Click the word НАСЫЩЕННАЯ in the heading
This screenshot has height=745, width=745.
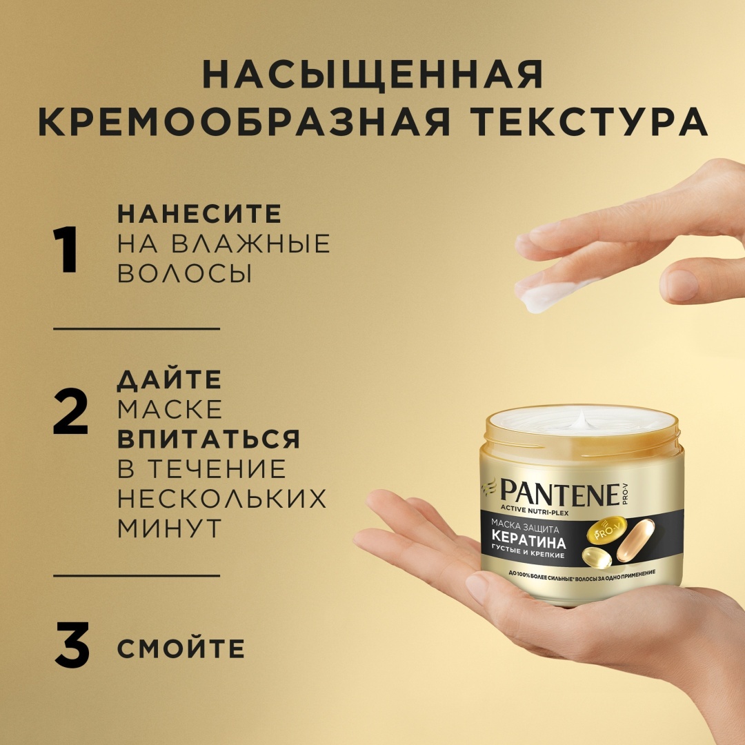(373, 74)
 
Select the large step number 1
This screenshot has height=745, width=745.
(66, 250)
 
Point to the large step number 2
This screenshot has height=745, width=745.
(70, 411)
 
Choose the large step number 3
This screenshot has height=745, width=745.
(72, 645)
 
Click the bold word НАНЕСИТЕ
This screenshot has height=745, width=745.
(199, 214)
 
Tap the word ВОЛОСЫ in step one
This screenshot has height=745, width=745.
(184, 273)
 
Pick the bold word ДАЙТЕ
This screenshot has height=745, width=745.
(170, 379)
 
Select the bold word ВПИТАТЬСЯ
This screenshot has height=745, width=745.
(208, 439)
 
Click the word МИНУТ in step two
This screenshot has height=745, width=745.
(170, 528)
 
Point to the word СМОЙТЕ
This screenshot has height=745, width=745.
(181, 648)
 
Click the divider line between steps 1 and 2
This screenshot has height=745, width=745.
(137, 328)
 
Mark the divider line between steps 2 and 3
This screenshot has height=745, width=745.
(137, 575)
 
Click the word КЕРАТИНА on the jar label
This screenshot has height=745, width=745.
(528, 542)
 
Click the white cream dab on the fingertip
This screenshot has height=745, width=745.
(546, 296)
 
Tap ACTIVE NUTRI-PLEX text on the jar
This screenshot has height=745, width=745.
(534, 513)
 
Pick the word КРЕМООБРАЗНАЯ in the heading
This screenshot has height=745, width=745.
(244, 121)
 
